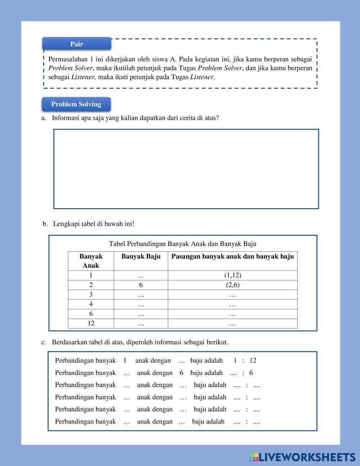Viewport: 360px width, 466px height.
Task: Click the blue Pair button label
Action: point(77,44)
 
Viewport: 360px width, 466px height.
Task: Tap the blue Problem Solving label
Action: point(76,104)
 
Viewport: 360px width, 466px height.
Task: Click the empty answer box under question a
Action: point(186,169)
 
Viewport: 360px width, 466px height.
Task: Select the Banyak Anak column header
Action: point(91,261)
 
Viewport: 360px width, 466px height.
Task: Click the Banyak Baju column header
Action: point(141,256)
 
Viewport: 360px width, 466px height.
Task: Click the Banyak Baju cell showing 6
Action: point(141,285)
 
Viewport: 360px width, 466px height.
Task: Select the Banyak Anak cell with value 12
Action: point(91,323)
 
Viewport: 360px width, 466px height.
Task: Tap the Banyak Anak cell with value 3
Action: point(91,295)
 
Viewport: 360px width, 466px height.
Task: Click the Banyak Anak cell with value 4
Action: point(91,304)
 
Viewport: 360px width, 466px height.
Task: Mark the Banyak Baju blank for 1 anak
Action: point(141,275)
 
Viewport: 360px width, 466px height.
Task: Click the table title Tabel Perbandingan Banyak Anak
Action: point(183,244)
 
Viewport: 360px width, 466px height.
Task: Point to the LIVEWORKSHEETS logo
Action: point(302,457)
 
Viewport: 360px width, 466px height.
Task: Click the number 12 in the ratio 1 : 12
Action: point(253,360)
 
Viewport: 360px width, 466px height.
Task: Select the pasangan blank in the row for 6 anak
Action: point(233,314)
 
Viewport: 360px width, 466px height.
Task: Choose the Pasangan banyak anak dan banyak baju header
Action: point(233,256)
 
